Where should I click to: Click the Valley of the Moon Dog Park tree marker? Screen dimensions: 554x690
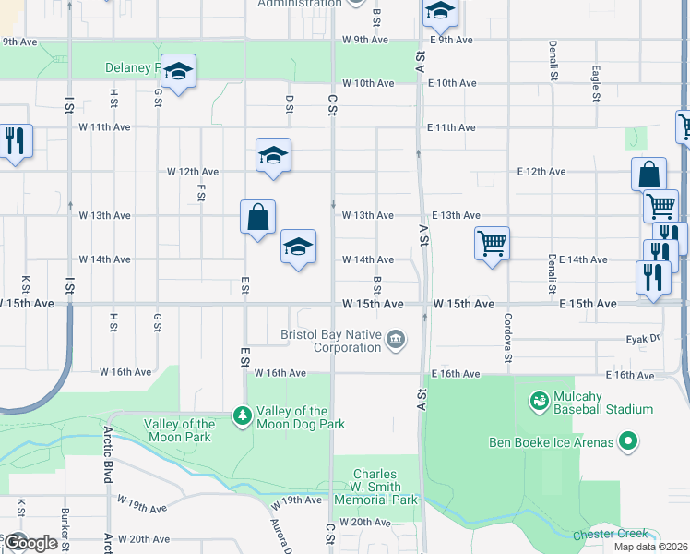click(x=242, y=417)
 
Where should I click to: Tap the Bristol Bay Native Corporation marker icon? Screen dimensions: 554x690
click(x=396, y=340)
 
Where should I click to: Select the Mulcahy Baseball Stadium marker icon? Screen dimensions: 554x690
click(x=539, y=402)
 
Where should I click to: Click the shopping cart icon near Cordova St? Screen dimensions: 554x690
click(x=493, y=244)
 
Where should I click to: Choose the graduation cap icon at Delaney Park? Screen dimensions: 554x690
click(x=178, y=70)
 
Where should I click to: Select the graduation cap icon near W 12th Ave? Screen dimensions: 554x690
click(x=273, y=155)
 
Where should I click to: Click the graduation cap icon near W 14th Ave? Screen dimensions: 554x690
click(x=298, y=247)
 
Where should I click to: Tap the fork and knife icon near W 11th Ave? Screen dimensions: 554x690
click(x=15, y=141)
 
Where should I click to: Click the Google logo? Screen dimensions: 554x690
click(x=30, y=543)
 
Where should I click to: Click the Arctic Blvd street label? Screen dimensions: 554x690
click(x=108, y=454)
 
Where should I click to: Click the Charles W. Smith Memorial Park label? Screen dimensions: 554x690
click(x=376, y=488)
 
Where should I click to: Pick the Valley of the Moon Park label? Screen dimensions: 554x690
click(x=180, y=430)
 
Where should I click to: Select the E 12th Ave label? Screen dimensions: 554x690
click(x=541, y=172)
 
